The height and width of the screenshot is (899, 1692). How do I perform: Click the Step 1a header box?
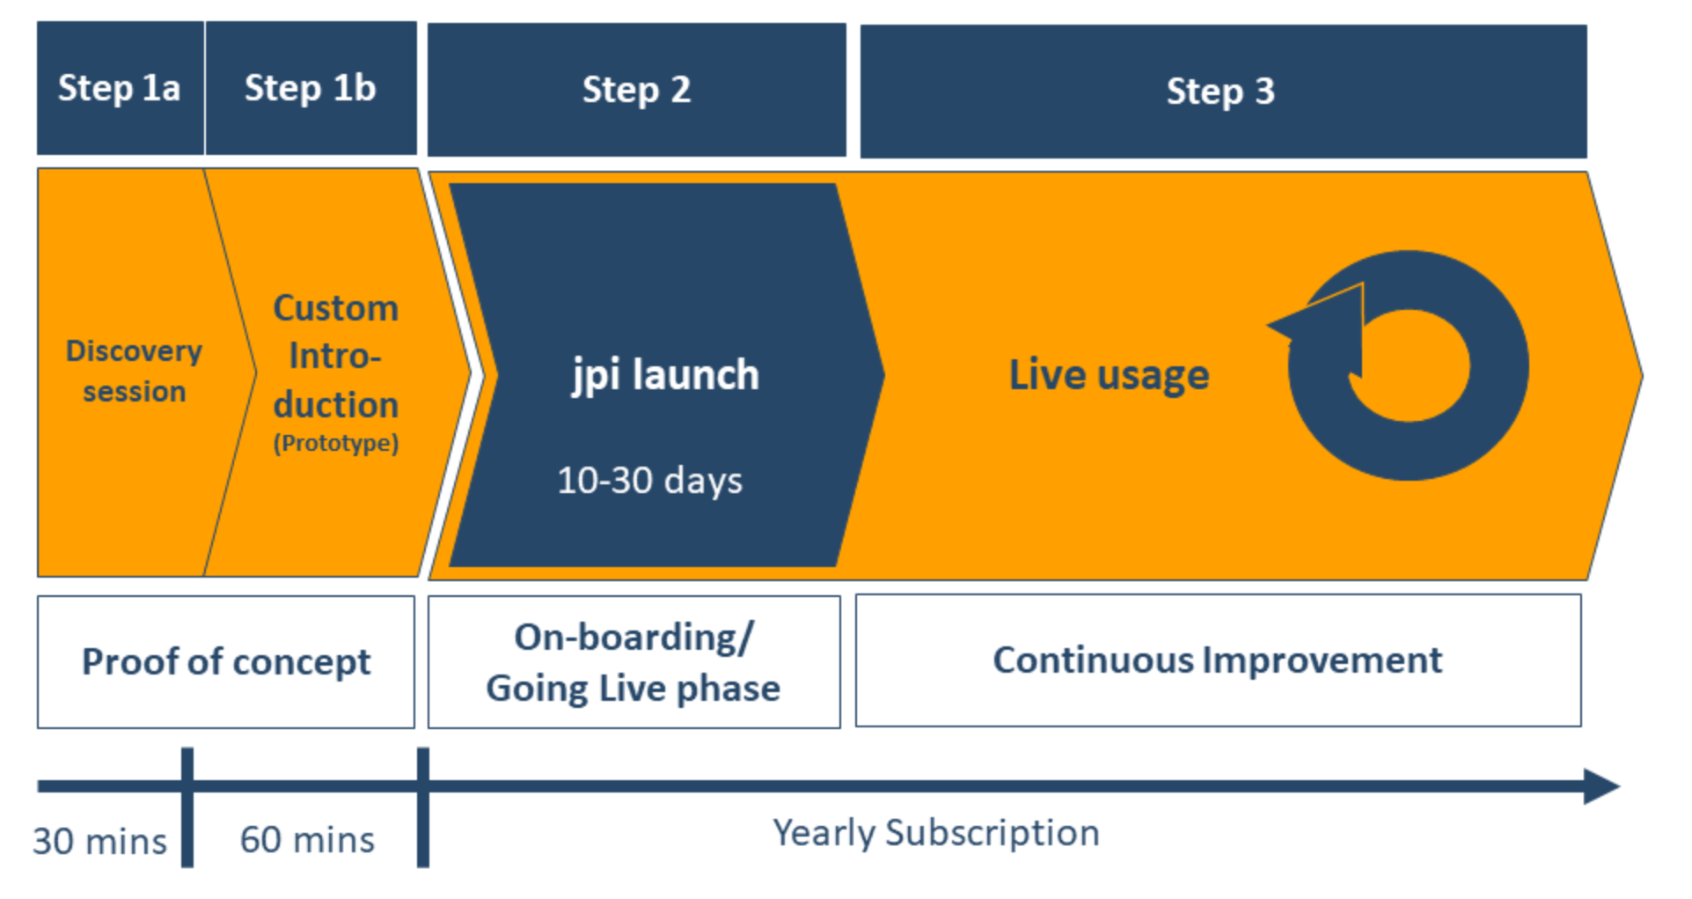[x=120, y=88]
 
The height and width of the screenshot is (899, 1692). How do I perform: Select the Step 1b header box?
[x=311, y=88]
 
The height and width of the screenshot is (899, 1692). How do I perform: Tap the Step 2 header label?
[x=636, y=90]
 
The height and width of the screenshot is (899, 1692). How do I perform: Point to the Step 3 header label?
[x=1220, y=92]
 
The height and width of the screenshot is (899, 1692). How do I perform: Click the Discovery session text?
[x=134, y=371]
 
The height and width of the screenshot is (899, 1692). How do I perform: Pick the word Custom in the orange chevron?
[x=335, y=308]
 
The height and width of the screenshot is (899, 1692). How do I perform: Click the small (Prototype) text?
[x=335, y=443]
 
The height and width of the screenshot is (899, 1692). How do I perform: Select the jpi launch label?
[x=665, y=375]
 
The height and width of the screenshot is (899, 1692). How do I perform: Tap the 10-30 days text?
[x=649, y=481]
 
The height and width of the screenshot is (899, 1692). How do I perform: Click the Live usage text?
[x=1109, y=375]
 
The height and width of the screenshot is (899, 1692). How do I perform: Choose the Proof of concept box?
[x=226, y=662]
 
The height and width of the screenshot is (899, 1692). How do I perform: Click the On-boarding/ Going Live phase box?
[x=634, y=662]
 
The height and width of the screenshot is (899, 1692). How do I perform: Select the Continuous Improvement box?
[x=1218, y=660]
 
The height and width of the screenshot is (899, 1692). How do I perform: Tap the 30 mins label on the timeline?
[x=99, y=842]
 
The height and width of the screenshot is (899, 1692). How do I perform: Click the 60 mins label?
[x=307, y=840]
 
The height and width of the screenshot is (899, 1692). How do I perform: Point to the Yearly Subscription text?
[x=936, y=833]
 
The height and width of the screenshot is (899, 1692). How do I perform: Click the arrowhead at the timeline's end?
[x=1600, y=786]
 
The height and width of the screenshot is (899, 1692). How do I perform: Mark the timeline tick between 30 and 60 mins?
[x=187, y=807]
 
